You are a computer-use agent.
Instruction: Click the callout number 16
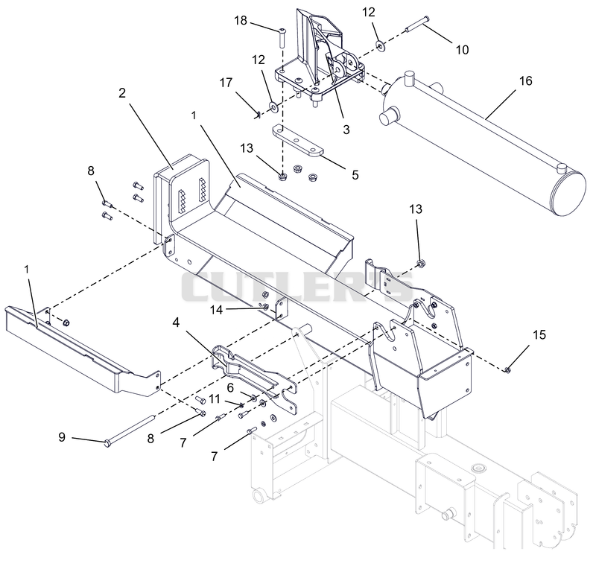[526, 81]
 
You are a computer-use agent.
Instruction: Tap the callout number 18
[241, 20]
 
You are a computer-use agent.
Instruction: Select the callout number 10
[462, 50]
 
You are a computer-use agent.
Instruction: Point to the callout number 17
[226, 83]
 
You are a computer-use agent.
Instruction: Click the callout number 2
[122, 93]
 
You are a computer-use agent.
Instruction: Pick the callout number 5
[355, 175]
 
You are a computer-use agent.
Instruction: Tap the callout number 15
[539, 335]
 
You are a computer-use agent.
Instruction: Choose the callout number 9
[62, 437]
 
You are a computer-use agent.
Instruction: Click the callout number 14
[216, 310]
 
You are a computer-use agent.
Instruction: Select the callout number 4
[176, 323]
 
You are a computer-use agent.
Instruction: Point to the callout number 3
[346, 130]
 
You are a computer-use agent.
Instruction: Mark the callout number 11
[215, 398]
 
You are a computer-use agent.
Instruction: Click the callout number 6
[230, 387]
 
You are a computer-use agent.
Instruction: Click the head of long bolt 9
[107, 442]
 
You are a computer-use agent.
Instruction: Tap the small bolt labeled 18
[282, 37]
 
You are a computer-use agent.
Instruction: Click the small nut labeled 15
[508, 369]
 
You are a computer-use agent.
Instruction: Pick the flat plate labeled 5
[297, 141]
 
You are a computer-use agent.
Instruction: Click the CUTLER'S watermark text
[297, 287]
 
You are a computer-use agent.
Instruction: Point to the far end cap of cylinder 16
[569, 194]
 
